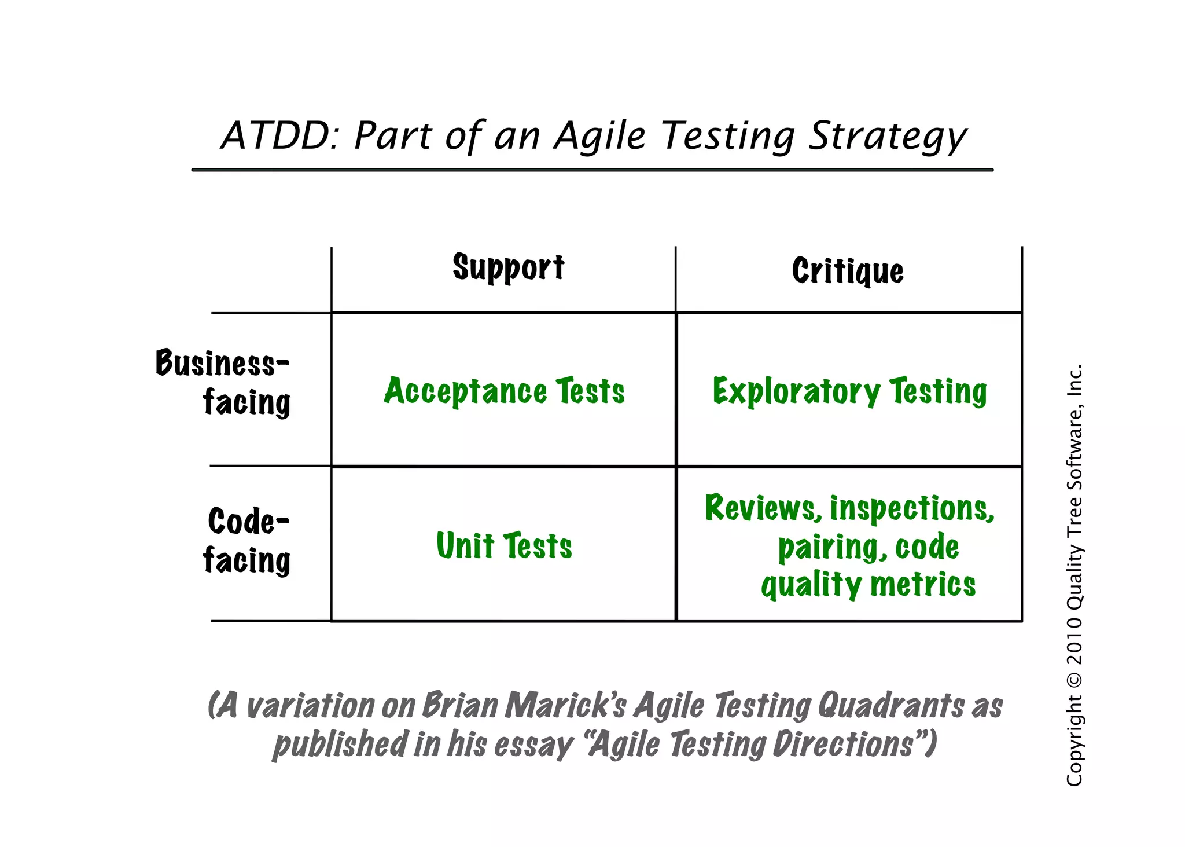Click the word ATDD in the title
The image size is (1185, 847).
[275, 136]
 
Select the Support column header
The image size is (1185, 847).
[508, 267]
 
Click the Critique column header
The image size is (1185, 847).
[848, 271]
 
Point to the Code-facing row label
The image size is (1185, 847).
[247, 540]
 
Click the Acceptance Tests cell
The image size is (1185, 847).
[504, 391]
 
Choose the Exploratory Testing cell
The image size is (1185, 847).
[849, 391]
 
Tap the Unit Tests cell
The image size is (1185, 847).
[504, 545]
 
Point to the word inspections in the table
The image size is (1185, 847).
[912, 509]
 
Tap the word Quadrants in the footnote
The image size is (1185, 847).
[890, 706]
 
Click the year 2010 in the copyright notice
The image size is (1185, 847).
[1074, 640]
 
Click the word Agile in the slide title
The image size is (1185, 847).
[599, 137]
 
